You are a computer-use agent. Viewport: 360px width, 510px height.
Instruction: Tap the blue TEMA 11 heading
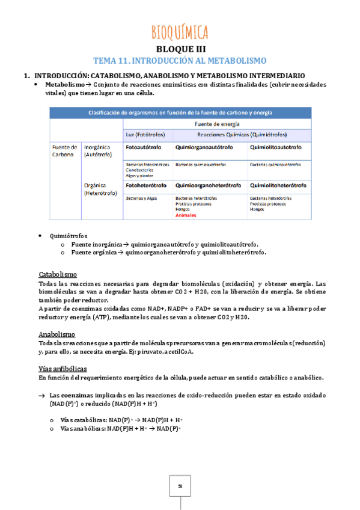(180, 61)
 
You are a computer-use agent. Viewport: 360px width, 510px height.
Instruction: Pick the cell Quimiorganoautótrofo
(205, 147)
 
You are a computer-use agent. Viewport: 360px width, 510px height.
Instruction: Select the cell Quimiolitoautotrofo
(276, 147)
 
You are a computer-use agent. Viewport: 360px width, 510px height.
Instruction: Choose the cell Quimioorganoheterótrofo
(208, 185)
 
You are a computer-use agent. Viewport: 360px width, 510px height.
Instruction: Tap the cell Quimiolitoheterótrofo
(278, 185)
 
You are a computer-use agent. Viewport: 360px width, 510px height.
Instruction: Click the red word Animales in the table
(186, 215)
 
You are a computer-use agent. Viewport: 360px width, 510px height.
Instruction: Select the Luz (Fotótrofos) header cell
(145, 134)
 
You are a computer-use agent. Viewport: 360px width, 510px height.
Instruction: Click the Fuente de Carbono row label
(65, 150)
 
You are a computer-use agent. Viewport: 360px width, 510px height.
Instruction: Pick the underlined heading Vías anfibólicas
(63, 368)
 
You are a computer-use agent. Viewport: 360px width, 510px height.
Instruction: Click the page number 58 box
(180, 486)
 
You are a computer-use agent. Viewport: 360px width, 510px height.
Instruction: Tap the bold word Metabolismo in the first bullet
(65, 85)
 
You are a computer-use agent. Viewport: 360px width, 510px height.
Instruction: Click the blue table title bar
(180, 112)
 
